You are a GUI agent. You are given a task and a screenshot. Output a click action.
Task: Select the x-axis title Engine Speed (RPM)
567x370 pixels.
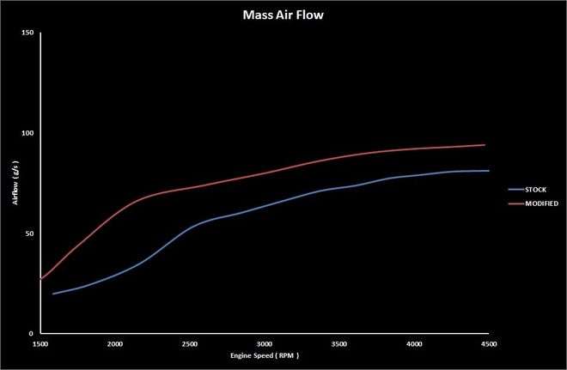[x=265, y=355]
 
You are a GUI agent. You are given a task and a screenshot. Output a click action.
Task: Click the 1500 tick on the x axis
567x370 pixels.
[x=40, y=343]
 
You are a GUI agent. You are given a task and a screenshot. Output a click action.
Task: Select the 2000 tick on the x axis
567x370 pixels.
[x=115, y=343]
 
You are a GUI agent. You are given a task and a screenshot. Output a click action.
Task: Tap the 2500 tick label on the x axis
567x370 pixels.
[x=190, y=343]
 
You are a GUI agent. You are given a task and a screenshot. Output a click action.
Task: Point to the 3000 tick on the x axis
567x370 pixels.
[x=265, y=343]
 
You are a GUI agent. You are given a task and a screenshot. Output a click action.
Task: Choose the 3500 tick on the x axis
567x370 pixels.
[x=339, y=343]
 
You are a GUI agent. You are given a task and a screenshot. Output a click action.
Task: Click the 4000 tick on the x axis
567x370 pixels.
[x=414, y=343]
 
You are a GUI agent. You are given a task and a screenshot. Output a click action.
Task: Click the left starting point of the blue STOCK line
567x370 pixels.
[x=53, y=294]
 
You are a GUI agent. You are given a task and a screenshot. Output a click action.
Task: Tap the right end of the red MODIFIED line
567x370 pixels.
[x=485, y=145]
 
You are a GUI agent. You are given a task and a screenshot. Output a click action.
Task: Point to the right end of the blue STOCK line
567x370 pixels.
[x=489, y=171]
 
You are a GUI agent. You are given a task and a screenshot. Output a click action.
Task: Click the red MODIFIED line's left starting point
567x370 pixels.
[x=40, y=279]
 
